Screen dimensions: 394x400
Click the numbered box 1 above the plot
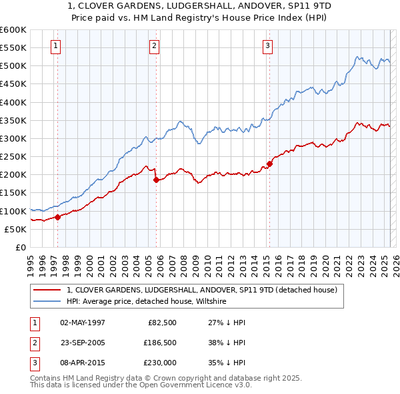[x=55, y=46]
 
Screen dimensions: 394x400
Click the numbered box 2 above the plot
[x=154, y=46]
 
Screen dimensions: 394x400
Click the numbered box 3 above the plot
[x=267, y=46]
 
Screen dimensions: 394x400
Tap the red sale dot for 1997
[x=57, y=217]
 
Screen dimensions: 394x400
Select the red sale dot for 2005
[x=156, y=179]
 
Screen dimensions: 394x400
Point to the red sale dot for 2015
[x=269, y=164]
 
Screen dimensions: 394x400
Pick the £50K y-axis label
[x=15, y=229]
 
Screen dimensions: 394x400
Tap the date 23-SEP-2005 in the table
[x=83, y=343]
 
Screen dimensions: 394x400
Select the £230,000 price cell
[x=159, y=363]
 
